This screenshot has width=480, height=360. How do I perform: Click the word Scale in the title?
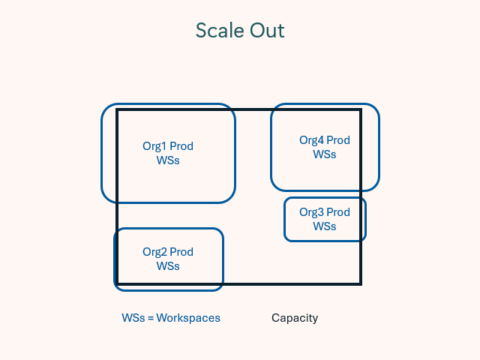coord(219,31)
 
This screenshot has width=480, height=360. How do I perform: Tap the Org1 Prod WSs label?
coord(168,153)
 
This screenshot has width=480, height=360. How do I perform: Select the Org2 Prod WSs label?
coord(168,259)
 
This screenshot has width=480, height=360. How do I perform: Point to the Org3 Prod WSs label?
coord(325,219)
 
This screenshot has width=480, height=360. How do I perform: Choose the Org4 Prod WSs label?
coord(325,147)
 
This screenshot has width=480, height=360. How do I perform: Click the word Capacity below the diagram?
coord(295,318)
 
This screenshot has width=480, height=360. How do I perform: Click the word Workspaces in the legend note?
coord(188,318)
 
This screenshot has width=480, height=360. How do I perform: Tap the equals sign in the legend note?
coord(150,318)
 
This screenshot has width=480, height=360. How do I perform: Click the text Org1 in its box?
coord(154,146)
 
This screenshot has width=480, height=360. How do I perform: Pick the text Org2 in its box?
coord(154,252)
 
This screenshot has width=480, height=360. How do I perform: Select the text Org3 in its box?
coord(311,212)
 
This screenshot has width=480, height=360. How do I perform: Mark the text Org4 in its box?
coord(311,140)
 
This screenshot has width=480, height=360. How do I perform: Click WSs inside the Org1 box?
coord(168,160)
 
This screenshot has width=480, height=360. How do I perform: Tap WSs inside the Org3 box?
coord(325,226)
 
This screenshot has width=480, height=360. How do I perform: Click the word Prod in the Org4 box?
coord(338,140)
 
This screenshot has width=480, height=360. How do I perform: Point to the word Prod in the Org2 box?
coord(181,252)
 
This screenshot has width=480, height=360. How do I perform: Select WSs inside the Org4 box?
coord(325,154)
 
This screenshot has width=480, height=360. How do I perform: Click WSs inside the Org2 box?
coord(168,266)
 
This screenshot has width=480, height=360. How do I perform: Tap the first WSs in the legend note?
coord(133,318)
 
